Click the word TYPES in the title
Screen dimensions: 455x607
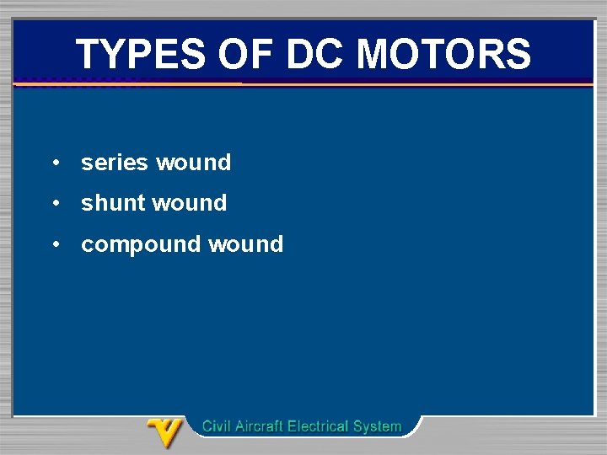(141, 55)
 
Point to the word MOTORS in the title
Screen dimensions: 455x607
(443, 55)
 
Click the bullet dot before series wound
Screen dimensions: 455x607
(54, 163)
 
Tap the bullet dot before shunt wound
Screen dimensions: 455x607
(54, 203)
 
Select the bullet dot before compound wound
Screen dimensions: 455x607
(54, 244)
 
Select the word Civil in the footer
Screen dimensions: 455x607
(217, 426)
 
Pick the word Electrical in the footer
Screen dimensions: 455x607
(320, 426)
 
